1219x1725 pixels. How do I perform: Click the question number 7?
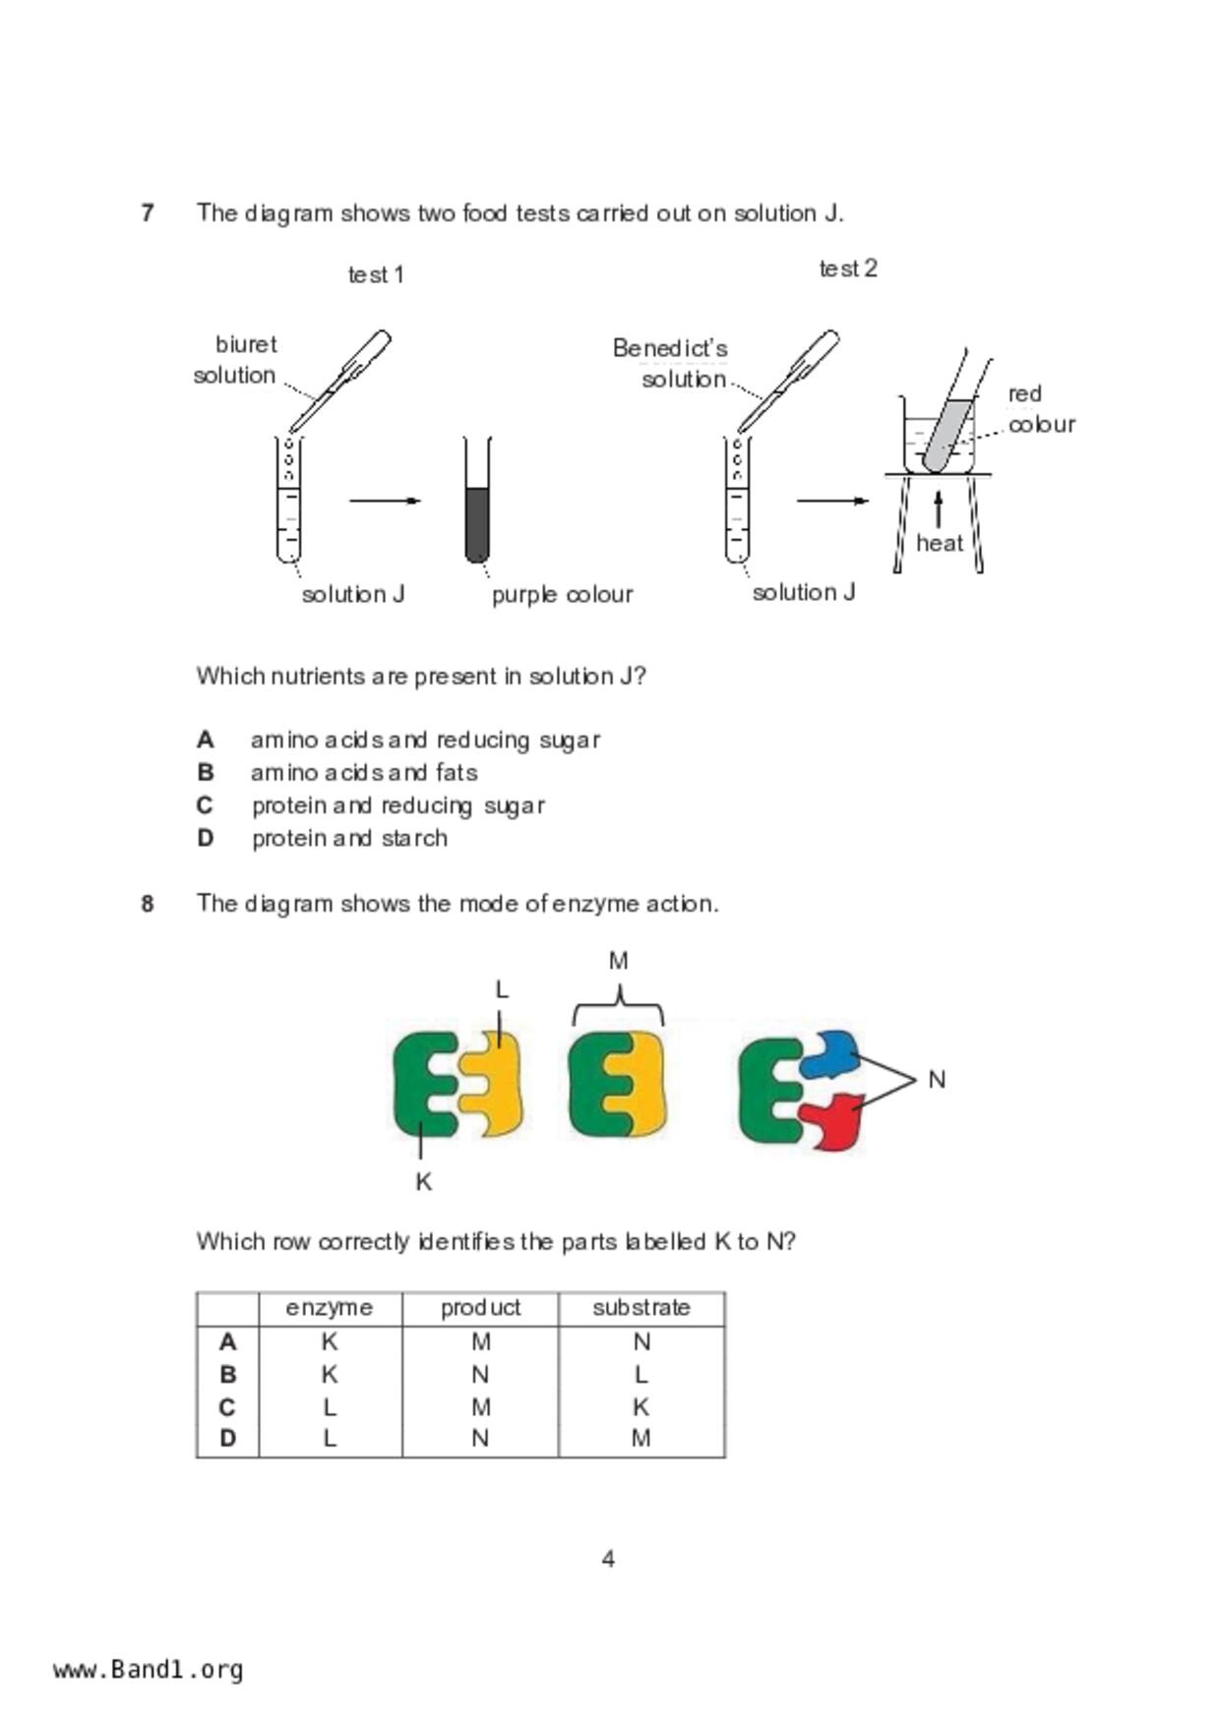[x=148, y=212]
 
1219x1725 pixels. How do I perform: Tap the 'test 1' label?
[x=376, y=275]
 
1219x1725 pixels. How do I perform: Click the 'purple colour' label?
[x=562, y=594]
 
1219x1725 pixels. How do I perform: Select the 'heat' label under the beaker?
[x=939, y=543]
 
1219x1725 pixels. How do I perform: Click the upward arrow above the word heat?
[x=939, y=509]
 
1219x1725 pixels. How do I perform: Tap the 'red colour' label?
[x=1040, y=409]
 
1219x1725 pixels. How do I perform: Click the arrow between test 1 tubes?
[x=385, y=501]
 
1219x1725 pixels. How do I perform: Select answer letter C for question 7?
[x=205, y=805]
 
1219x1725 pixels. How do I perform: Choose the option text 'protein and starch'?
[x=349, y=838]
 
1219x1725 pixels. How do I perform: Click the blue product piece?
[x=828, y=1054]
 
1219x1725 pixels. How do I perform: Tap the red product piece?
[x=832, y=1121]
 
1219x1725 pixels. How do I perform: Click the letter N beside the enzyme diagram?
[x=937, y=1080]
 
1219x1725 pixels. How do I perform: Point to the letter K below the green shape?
[x=423, y=1181]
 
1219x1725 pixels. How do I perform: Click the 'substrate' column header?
[x=640, y=1308]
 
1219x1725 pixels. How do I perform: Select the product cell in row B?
[x=480, y=1374]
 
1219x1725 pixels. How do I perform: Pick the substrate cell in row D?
[x=640, y=1439]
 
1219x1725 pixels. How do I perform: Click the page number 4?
[x=608, y=1559]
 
